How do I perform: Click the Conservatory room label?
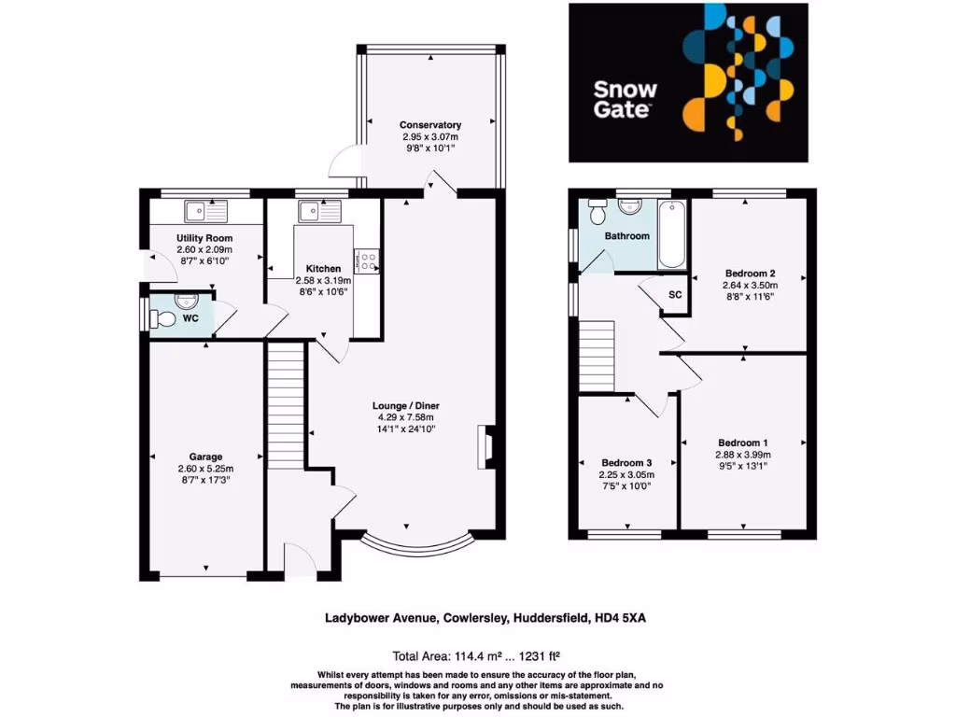coord(430,125)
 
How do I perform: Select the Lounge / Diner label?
coord(406,406)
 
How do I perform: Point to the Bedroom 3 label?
coord(626,463)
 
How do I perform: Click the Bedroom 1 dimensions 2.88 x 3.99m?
coord(744,455)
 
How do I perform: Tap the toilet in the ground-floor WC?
coord(164,319)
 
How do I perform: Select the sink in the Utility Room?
coord(199,211)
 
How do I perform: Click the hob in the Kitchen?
coord(365,260)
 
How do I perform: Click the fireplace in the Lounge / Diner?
coord(486,446)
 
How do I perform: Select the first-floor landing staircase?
coord(597,356)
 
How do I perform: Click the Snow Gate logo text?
coord(626,100)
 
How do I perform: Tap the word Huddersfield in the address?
coord(545,617)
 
